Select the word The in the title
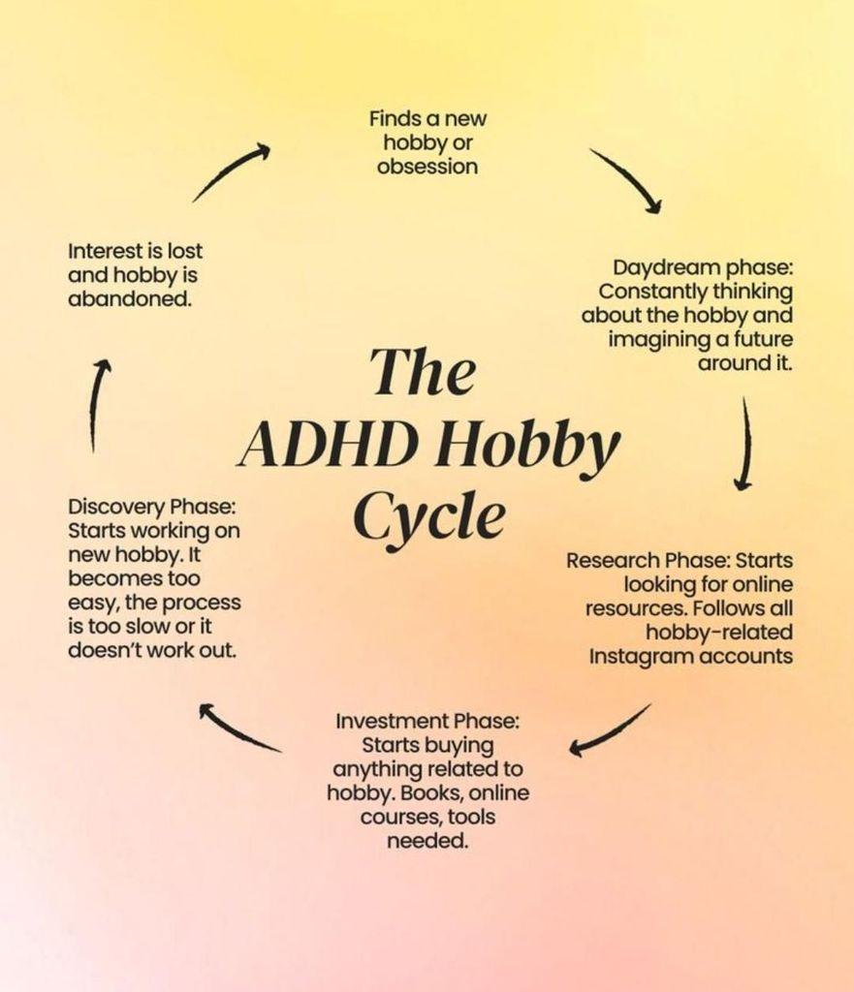tap(423, 371)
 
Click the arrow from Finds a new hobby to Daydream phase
tap(625, 180)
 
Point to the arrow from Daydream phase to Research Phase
tap(745, 443)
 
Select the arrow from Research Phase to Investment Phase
tap(609, 729)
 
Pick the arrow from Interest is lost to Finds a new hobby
tap(231, 172)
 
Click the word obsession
tap(427, 167)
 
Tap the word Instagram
tap(642, 657)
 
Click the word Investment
tap(392, 721)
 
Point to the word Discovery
tap(117, 508)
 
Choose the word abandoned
tap(130, 298)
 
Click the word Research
tap(613, 561)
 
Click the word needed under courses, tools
tap(427, 842)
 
